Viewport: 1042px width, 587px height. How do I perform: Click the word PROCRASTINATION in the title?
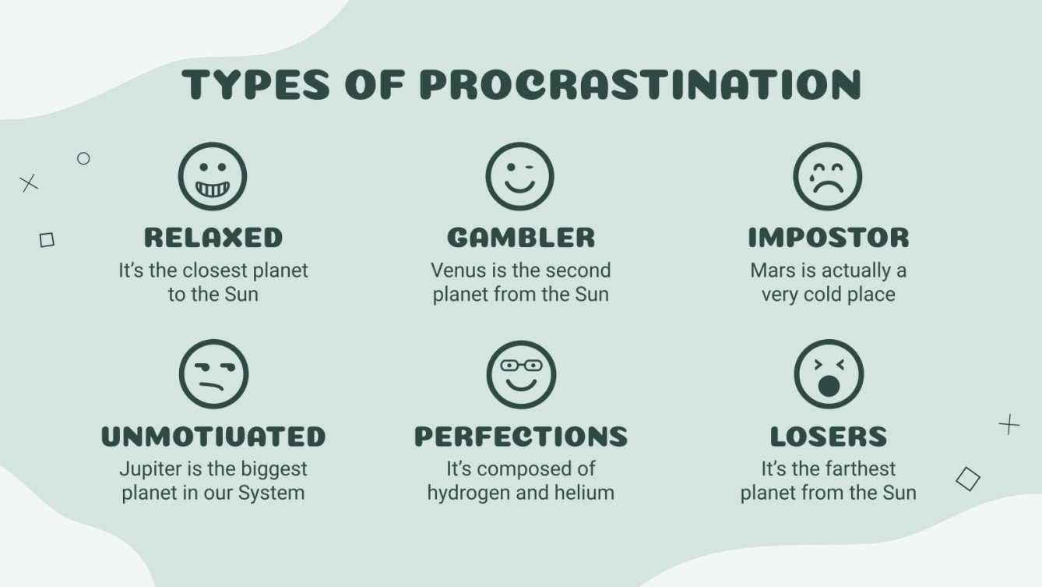click(x=640, y=84)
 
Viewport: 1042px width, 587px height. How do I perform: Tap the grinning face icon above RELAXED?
click(x=213, y=176)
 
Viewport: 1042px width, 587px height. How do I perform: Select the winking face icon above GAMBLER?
click(x=519, y=176)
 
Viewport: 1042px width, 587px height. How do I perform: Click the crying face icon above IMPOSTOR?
click(x=828, y=176)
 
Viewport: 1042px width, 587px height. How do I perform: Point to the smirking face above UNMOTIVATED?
click(x=213, y=374)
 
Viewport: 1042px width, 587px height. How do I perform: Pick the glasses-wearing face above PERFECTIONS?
click(x=521, y=374)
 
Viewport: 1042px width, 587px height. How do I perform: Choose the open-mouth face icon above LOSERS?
click(x=829, y=374)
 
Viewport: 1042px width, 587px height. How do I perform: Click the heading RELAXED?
click(x=213, y=237)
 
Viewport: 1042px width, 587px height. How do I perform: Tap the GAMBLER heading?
click(x=521, y=237)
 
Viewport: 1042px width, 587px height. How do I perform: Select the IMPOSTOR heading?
click(x=829, y=237)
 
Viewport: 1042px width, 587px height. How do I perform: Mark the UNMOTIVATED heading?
click(x=213, y=436)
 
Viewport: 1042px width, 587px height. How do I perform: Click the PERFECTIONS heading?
click(x=521, y=436)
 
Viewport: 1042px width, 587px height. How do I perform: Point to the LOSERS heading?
click(x=829, y=436)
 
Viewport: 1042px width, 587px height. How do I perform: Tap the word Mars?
click(x=773, y=271)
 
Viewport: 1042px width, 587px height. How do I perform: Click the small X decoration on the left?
click(x=29, y=184)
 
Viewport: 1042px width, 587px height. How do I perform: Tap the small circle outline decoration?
click(x=83, y=158)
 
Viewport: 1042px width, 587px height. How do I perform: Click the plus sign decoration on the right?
click(x=1009, y=425)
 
